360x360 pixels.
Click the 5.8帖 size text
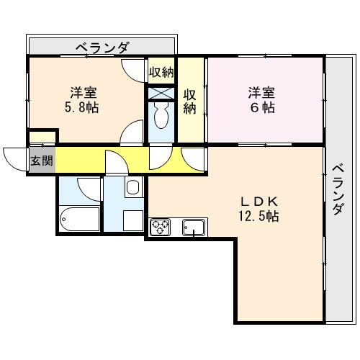click(x=83, y=107)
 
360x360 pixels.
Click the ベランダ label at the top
click(x=102, y=48)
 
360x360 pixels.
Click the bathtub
click(x=80, y=217)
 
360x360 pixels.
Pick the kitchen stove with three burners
click(x=159, y=228)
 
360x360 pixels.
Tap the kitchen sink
click(x=193, y=228)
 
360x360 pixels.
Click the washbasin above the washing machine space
click(x=132, y=189)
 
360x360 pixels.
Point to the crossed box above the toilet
click(x=161, y=92)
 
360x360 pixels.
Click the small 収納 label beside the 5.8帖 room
click(x=161, y=72)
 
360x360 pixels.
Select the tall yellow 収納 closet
click(x=191, y=101)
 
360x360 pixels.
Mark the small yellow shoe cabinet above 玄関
click(x=42, y=137)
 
